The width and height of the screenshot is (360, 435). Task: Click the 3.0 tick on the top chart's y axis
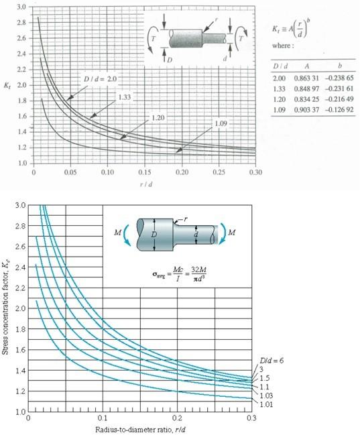tap(22, 6)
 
